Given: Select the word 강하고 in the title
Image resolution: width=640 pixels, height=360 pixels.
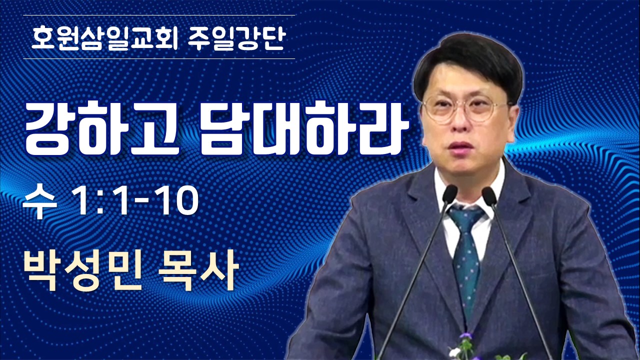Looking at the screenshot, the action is point(102,130).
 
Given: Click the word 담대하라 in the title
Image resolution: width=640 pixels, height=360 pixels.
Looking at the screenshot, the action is point(303,130).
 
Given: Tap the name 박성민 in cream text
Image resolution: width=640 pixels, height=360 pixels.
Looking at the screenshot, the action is point(82,271).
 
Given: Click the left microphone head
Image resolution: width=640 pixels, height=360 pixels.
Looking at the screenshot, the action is point(449,194).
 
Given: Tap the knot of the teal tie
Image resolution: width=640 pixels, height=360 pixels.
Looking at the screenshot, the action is point(466,219).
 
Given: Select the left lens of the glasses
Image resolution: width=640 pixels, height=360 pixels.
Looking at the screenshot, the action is point(439,109).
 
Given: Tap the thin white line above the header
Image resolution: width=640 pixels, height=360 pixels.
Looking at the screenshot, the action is point(159,15).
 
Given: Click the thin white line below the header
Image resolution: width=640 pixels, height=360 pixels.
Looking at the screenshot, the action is point(159,59).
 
